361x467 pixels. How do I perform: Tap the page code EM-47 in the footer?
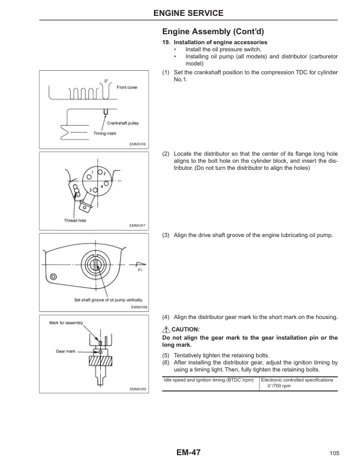click(x=188, y=452)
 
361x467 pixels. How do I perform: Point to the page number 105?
click(x=334, y=453)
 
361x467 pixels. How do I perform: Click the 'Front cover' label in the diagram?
click(x=127, y=87)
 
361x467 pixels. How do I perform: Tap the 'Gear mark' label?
click(x=64, y=350)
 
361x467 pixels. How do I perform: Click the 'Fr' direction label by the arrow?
click(x=140, y=271)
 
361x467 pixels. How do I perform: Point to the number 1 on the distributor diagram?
click(x=93, y=172)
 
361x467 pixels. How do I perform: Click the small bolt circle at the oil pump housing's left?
click(x=54, y=277)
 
